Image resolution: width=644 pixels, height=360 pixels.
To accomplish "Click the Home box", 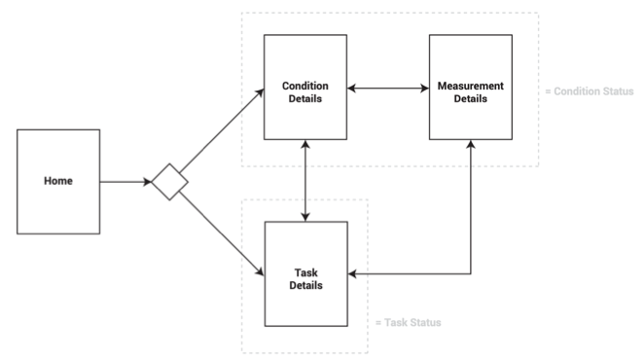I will click(x=57, y=182).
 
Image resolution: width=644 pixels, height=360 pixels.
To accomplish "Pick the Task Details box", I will click(x=306, y=273).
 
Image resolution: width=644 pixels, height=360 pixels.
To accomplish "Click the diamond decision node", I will click(x=168, y=182).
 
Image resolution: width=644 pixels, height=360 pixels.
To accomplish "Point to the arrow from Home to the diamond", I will click(x=125, y=182).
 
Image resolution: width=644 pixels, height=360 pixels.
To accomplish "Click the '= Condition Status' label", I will click(x=589, y=91).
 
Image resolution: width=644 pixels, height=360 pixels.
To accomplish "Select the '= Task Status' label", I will click(x=408, y=322).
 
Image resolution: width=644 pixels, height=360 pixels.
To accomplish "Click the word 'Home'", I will click(x=57, y=182).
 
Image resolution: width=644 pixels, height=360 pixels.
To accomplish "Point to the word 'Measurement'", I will click(x=471, y=86).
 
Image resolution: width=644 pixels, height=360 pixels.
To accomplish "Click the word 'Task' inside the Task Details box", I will click(x=306, y=272).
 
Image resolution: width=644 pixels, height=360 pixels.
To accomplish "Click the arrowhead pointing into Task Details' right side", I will click(x=353, y=274).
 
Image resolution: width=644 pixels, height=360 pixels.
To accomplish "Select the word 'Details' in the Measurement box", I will click(x=471, y=98).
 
